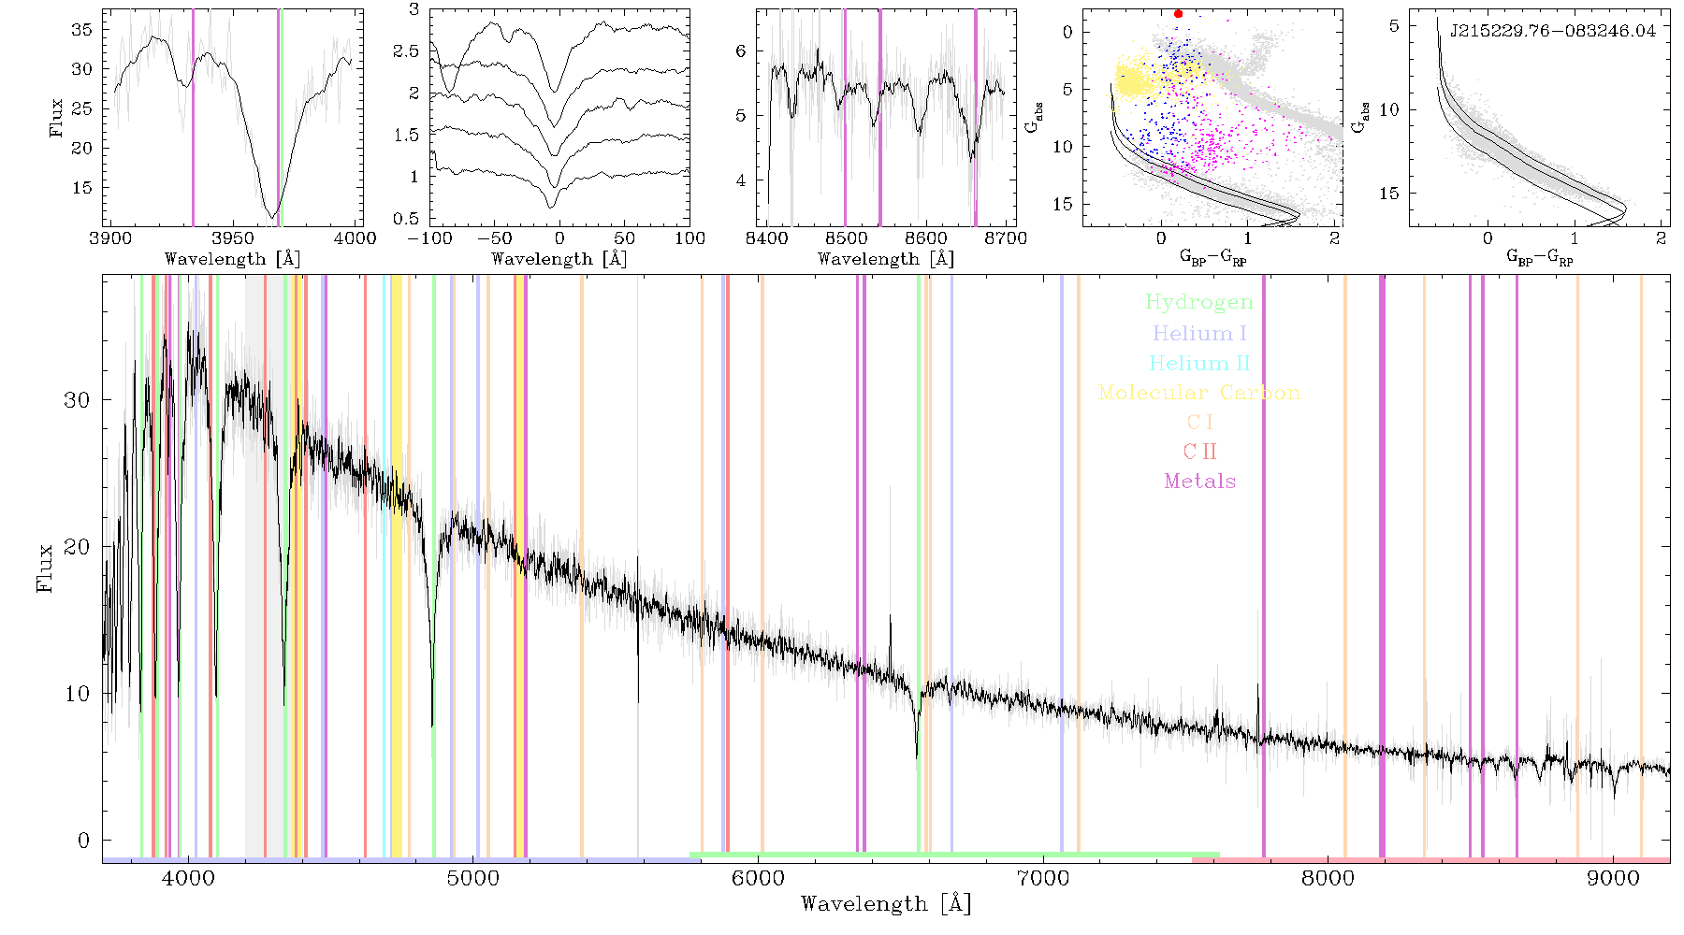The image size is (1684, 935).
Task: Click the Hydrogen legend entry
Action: click(1199, 303)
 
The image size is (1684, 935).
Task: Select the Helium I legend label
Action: click(1199, 333)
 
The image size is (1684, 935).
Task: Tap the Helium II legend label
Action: click(1199, 363)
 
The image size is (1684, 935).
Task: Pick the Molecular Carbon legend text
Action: click(1199, 393)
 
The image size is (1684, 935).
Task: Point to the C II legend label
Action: click(1199, 452)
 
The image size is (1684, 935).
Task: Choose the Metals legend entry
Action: click(1199, 482)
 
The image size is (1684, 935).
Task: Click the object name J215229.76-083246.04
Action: click(1553, 31)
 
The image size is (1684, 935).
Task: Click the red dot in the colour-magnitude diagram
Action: click(1178, 14)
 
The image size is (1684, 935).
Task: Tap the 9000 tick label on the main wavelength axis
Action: click(1613, 879)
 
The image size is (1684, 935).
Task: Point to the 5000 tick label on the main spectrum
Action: click(473, 879)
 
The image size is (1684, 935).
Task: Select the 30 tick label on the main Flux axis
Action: click(77, 400)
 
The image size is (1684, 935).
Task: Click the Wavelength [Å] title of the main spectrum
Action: click(886, 904)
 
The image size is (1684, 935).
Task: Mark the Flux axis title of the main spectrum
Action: click(44, 568)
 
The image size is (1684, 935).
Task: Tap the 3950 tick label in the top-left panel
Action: click(233, 238)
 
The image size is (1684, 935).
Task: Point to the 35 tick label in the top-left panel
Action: click(82, 30)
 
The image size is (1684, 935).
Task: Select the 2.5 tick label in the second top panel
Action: click(407, 51)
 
